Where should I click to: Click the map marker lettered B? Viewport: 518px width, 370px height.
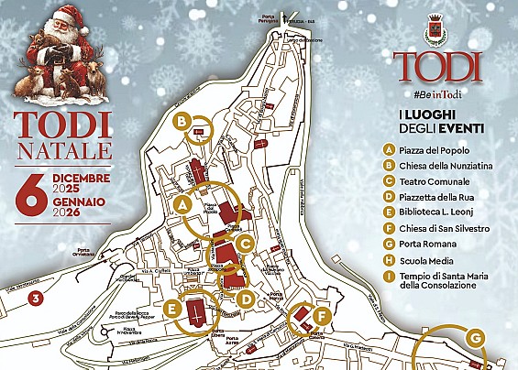pos(183,121)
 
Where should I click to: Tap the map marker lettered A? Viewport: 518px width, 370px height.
pos(182,203)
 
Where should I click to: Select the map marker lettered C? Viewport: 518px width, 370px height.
pos(246,244)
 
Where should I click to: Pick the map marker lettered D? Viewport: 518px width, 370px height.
pos(245,299)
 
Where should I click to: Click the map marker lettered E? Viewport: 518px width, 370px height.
pos(171,308)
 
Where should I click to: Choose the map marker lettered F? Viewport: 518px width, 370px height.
pos(321,316)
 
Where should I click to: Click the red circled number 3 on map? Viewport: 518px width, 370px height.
pos(36,299)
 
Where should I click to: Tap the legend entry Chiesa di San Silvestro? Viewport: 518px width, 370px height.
pos(450,227)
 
